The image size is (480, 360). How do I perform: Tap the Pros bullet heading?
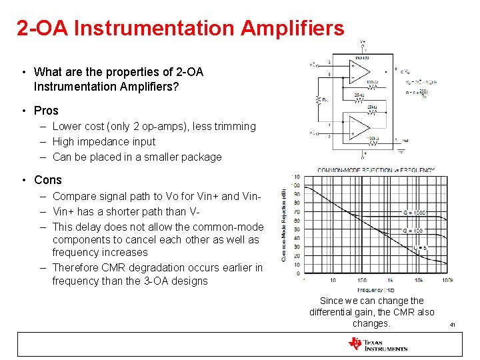46,111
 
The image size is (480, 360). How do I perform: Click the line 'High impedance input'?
103,141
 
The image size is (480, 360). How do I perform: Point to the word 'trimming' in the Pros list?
235,126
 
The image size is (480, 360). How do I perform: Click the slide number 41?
452,325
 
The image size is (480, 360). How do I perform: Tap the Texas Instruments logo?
377,344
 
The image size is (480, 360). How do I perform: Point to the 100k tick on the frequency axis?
447,281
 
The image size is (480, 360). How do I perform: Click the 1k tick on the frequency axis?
390,281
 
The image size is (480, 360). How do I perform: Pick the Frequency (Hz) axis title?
376,290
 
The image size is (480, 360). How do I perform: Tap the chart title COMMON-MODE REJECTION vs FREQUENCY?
375,170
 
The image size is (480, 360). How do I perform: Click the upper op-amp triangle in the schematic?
360,69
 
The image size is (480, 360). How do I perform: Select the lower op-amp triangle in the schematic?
360,127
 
